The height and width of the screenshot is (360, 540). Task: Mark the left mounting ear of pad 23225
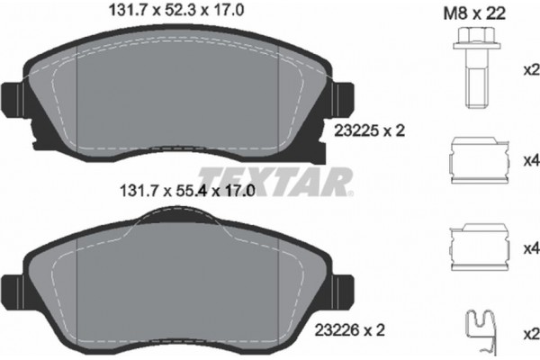(16, 97)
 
